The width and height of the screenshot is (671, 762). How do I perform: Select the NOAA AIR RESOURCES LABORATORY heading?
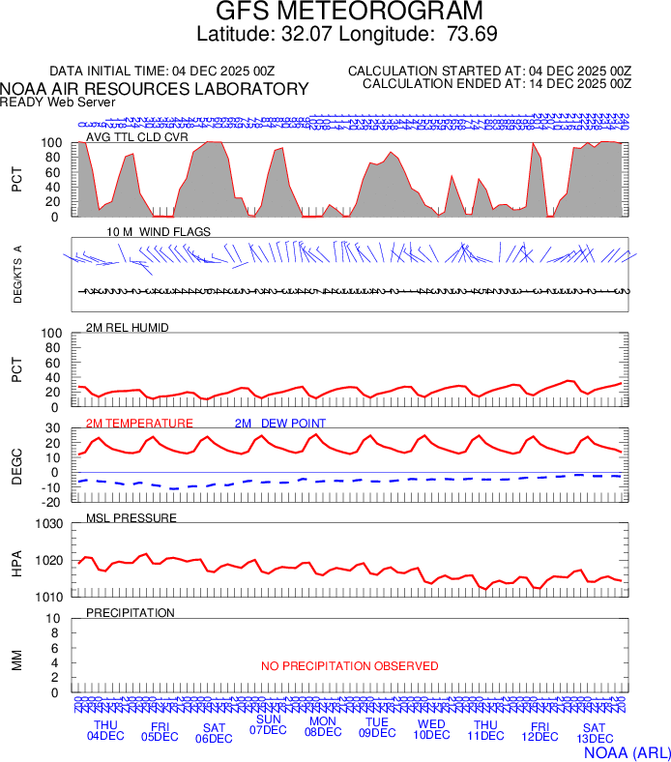coord(155,89)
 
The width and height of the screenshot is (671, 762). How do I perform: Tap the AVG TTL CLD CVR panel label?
coord(137,136)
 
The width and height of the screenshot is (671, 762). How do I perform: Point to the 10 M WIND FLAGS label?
coord(159,232)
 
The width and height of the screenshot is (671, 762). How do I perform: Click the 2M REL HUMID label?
coord(128,328)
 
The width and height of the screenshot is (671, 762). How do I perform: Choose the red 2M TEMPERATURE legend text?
coord(139,424)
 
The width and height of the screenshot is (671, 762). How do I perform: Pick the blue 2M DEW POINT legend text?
coord(280,424)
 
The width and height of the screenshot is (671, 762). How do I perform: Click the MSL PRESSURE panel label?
coord(131,518)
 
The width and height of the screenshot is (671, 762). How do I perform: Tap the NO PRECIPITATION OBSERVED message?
coord(349,666)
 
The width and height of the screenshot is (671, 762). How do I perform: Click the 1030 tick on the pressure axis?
coord(49,524)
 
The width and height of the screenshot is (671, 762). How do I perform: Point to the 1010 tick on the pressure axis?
coord(49,597)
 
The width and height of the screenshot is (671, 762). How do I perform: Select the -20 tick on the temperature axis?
coord(53,502)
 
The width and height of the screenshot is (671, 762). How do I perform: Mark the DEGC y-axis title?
coord(16,465)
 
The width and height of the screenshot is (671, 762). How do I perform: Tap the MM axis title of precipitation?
coord(16,660)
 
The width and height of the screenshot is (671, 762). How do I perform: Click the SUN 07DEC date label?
coord(268,724)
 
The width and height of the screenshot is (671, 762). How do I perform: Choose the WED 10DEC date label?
coord(431,730)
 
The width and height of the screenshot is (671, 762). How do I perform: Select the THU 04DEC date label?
coord(105,730)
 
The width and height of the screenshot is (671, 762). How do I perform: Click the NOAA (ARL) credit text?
coord(627,751)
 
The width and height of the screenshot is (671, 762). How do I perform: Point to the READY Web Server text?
coord(58,102)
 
